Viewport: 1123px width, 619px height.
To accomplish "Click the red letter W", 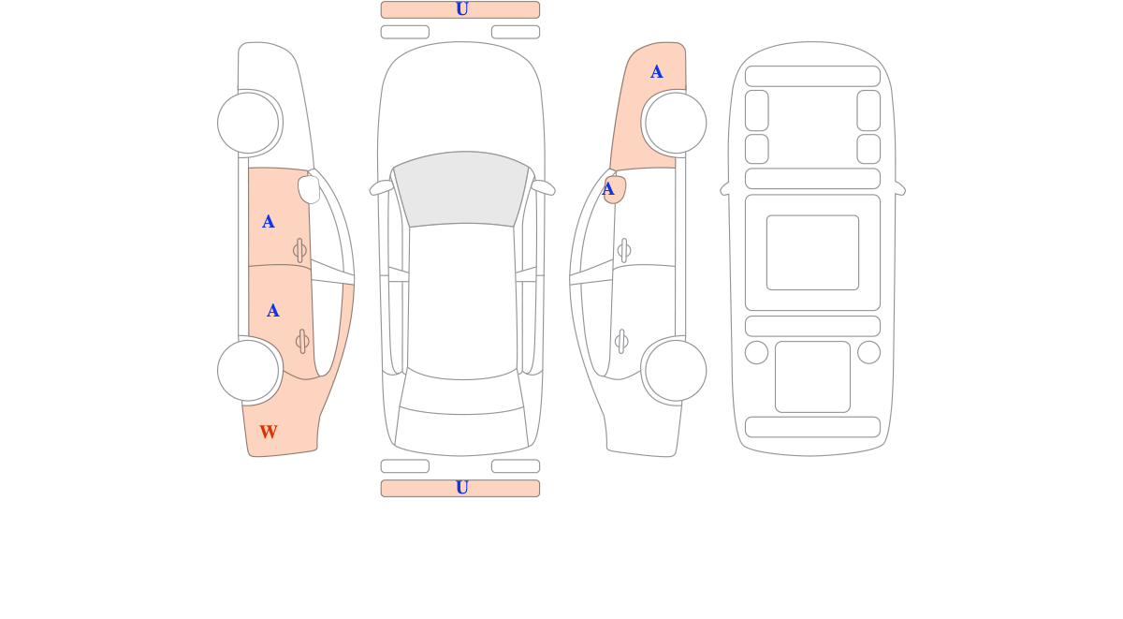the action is tap(269, 432).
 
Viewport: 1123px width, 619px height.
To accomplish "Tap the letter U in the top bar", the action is tap(461, 9).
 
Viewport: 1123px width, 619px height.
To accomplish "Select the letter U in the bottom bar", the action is tap(461, 488).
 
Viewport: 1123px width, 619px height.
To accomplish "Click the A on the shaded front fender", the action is tap(656, 72).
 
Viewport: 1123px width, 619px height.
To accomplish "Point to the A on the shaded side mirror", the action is tap(607, 189).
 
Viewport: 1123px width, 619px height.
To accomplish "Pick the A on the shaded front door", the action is tap(269, 221).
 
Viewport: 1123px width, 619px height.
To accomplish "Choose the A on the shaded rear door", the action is tap(272, 311).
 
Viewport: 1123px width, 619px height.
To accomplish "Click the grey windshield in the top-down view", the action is tap(461, 188).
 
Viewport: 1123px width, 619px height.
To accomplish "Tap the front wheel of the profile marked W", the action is tap(248, 123).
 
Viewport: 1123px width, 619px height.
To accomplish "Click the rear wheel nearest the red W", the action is tap(248, 371).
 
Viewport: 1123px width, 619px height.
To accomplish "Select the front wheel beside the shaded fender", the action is tap(676, 123).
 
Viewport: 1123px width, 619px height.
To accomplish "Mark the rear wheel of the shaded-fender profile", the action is tap(676, 371).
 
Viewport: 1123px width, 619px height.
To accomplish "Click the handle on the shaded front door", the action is tap(299, 250).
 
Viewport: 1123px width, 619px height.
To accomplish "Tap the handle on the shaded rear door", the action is tap(302, 342).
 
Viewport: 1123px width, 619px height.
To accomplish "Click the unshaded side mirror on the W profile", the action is tap(309, 189).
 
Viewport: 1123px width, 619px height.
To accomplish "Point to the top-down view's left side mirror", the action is tap(382, 187).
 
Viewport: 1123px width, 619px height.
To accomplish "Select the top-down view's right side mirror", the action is tap(543, 187).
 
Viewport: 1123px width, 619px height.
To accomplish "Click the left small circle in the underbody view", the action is tap(756, 352).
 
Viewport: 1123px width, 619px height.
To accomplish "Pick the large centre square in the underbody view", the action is tap(812, 252).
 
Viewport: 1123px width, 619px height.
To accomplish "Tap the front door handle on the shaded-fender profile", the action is tap(624, 250).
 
